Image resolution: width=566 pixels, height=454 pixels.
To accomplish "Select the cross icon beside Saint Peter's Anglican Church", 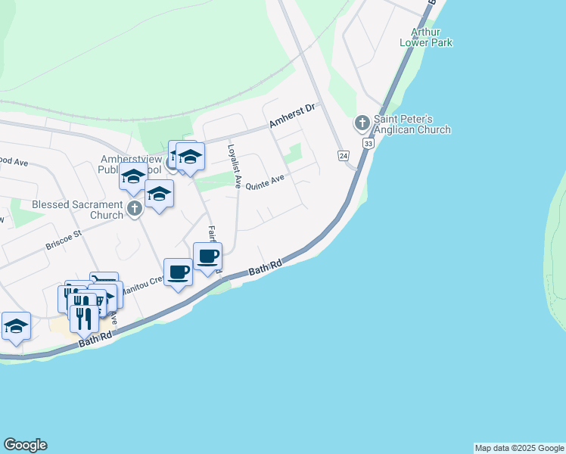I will pos(362,123).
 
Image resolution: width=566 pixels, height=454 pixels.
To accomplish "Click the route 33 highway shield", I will pos(368,143).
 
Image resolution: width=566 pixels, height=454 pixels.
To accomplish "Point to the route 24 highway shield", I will pos(344,155).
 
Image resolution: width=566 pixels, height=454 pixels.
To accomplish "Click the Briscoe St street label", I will pos(63,238).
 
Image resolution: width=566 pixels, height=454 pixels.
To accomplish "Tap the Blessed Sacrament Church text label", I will pos(76,210).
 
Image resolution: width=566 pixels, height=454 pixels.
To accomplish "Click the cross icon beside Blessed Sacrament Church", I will pos(135,209).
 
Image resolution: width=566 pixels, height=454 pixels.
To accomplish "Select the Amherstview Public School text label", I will pos(130,165).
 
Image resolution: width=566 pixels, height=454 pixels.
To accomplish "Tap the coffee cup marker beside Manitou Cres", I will pos(178,273).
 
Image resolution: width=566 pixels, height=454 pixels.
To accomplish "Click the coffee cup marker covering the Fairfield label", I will pos(207,257).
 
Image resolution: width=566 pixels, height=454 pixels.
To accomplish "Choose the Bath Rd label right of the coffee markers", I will pos(265,267).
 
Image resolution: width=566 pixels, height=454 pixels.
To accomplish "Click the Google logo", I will pos(25,445).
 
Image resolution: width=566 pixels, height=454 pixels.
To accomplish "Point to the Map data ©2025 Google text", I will pos(519,448).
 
